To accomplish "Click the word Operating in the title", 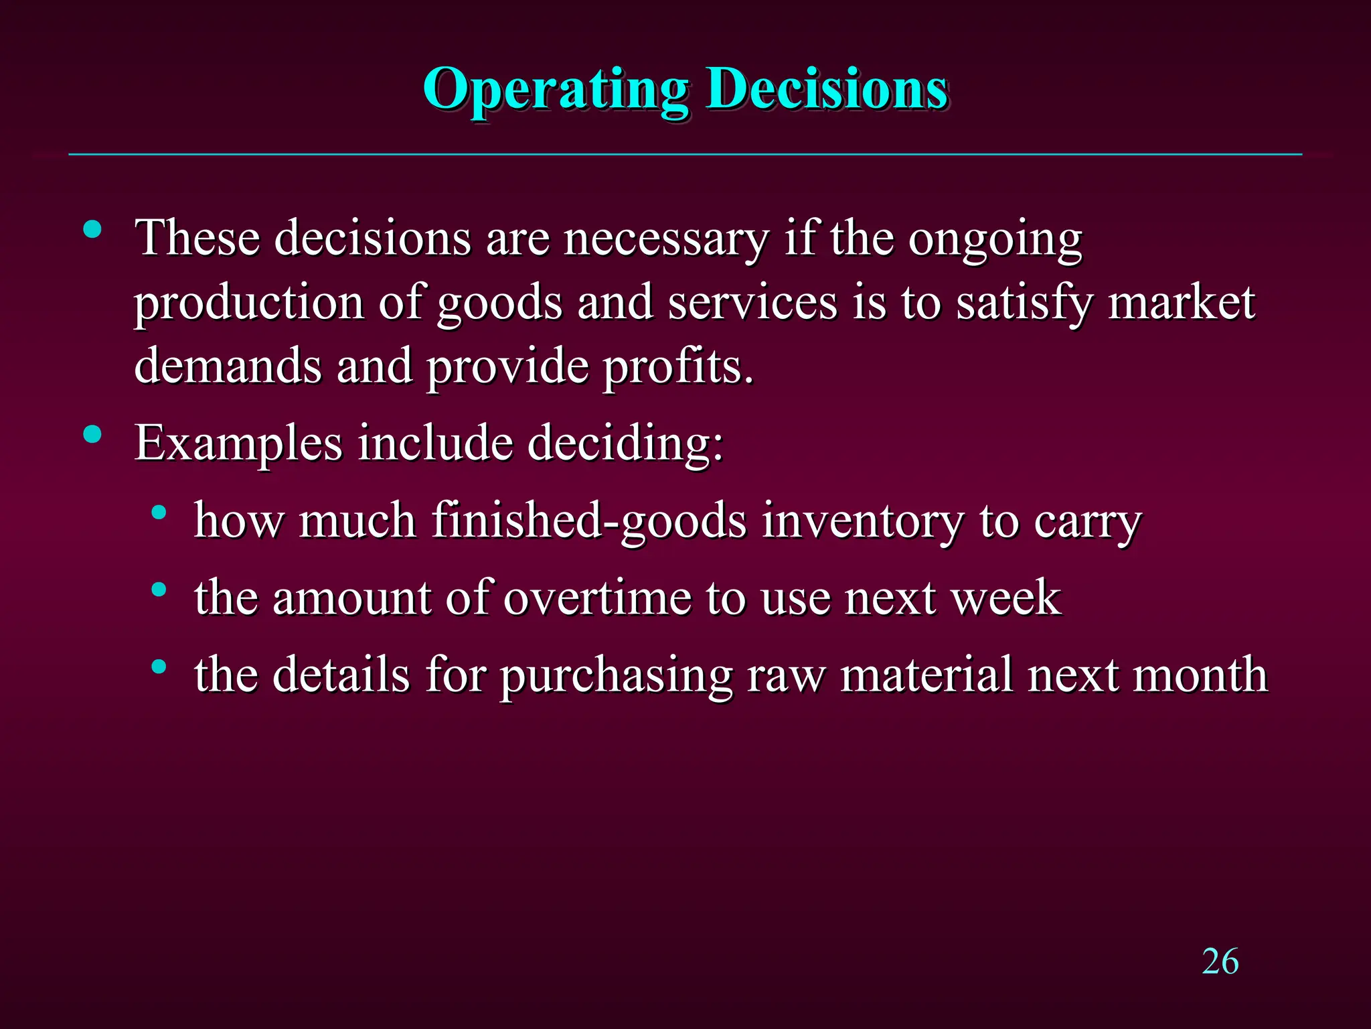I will (555, 90).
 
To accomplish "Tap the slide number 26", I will (1220, 961).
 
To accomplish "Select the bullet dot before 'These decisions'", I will (92, 230).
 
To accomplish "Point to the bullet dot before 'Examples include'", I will (92, 435).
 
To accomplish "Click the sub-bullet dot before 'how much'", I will (159, 513).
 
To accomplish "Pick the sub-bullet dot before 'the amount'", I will (159, 590).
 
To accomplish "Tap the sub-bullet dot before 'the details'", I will (159, 667).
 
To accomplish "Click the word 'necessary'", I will (667, 239).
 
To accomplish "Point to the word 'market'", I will (1182, 303).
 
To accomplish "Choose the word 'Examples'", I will (238, 443).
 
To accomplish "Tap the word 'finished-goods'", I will (589, 521).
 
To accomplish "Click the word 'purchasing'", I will (617, 675).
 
